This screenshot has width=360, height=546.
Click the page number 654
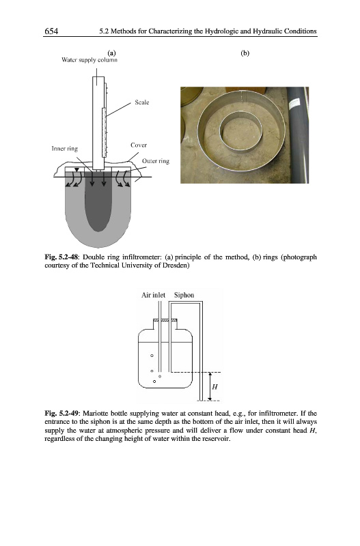coord(51,31)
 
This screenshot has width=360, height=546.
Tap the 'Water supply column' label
coord(89,60)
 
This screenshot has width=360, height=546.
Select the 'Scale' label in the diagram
coord(142,102)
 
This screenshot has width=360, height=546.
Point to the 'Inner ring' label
coord(64,149)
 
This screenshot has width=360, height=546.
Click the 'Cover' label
coord(139,145)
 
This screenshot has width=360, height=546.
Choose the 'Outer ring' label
coord(156,161)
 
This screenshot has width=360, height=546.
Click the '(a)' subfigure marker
coord(111,53)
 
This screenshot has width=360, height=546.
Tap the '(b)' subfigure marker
coord(245,53)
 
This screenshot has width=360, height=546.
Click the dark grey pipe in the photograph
coord(296,135)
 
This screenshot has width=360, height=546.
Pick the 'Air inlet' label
coord(153,295)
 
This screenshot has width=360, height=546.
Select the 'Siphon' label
coord(184,295)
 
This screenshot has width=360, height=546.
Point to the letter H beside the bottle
coord(214,386)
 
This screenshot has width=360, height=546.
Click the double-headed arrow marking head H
coord(210,386)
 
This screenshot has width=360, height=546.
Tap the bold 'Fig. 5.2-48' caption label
coord(61,257)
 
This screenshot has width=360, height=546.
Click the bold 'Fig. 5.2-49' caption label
coord(61,414)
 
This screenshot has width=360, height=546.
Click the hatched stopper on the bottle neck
coord(165,320)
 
